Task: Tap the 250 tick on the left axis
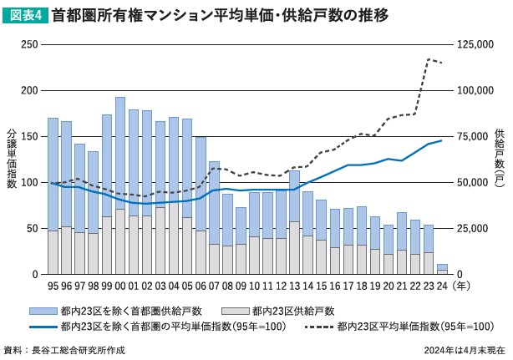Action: click(30, 44)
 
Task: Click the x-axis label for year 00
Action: click(119, 285)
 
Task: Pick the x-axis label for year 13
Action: click(294, 285)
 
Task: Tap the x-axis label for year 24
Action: click(442, 285)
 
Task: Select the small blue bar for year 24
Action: click(442, 266)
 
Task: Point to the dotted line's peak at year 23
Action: click(429, 59)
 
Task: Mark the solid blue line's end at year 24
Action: click(442, 140)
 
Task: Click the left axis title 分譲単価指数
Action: click(11, 159)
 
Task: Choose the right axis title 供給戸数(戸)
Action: click(499, 159)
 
